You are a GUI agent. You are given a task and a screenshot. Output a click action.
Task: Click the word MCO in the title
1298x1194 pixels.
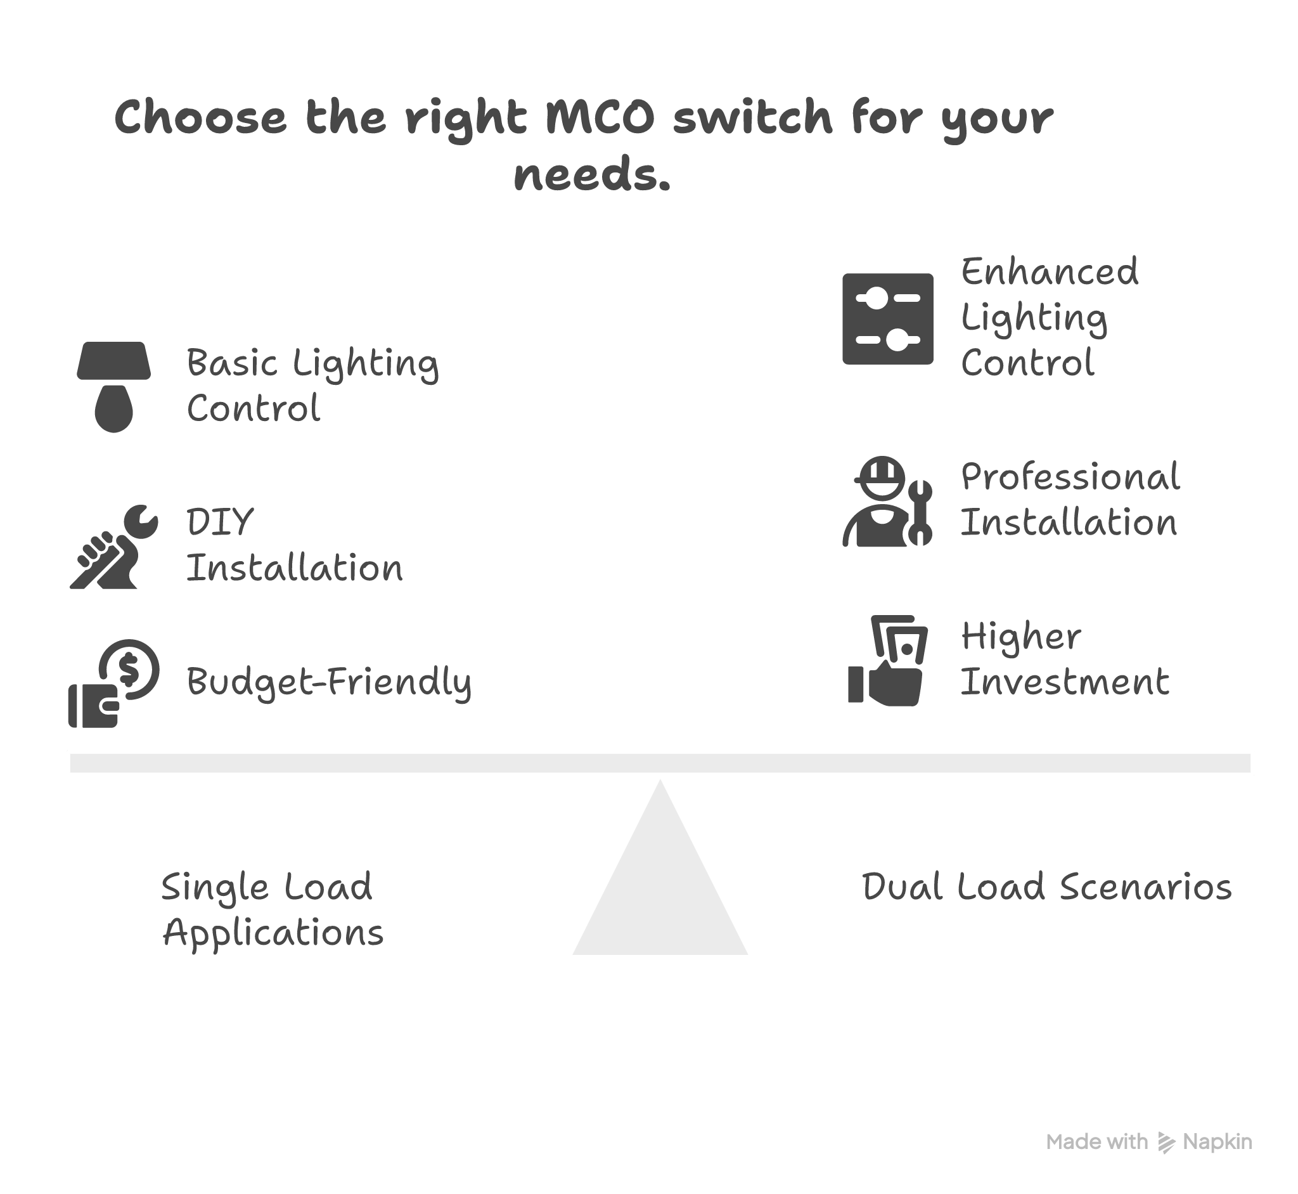[x=600, y=117]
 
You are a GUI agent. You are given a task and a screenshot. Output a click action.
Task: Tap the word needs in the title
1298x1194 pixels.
[x=591, y=175]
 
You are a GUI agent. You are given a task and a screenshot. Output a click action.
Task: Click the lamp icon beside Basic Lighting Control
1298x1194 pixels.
[x=113, y=386]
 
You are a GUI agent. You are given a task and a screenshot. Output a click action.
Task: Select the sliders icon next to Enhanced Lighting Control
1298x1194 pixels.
[x=887, y=319]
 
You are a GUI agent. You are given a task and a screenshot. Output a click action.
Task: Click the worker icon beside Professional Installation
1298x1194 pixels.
[x=887, y=503]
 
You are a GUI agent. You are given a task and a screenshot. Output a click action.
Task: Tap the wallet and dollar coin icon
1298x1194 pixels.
[x=113, y=684]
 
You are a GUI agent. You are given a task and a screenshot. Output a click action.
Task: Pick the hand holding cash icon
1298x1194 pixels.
[x=887, y=660]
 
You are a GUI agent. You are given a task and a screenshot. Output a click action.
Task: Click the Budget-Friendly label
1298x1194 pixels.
[x=329, y=682]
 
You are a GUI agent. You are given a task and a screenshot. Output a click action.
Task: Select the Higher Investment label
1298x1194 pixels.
[x=1064, y=659]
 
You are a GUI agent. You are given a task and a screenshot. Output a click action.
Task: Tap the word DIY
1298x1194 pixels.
[x=220, y=522]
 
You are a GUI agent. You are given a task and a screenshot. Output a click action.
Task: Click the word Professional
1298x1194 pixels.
[x=1070, y=477]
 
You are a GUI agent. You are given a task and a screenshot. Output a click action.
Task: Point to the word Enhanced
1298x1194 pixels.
[x=1050, y=272]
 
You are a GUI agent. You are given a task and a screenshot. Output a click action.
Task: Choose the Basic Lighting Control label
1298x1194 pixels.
[x=312, y=385]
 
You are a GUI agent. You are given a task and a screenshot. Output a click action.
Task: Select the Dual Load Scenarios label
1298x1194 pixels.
[x=1047, y=886]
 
